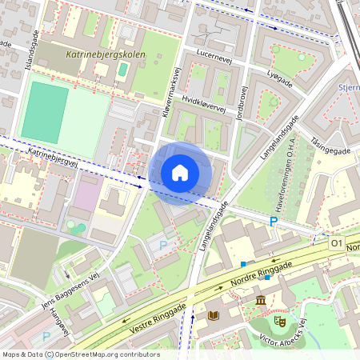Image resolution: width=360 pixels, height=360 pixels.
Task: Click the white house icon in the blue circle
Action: pyautogui.click(x=180, y=173)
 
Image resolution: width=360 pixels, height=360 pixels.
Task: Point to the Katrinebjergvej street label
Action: pyautogui.click(x=53, y=155)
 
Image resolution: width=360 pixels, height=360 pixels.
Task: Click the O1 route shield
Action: pyautogui.click(x=335, y=242)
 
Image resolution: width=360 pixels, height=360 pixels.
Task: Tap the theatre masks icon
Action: pyautogui.click(x=280, y=320)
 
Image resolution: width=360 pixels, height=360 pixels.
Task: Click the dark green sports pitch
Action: pyautogui.click(x=44, y=112)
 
